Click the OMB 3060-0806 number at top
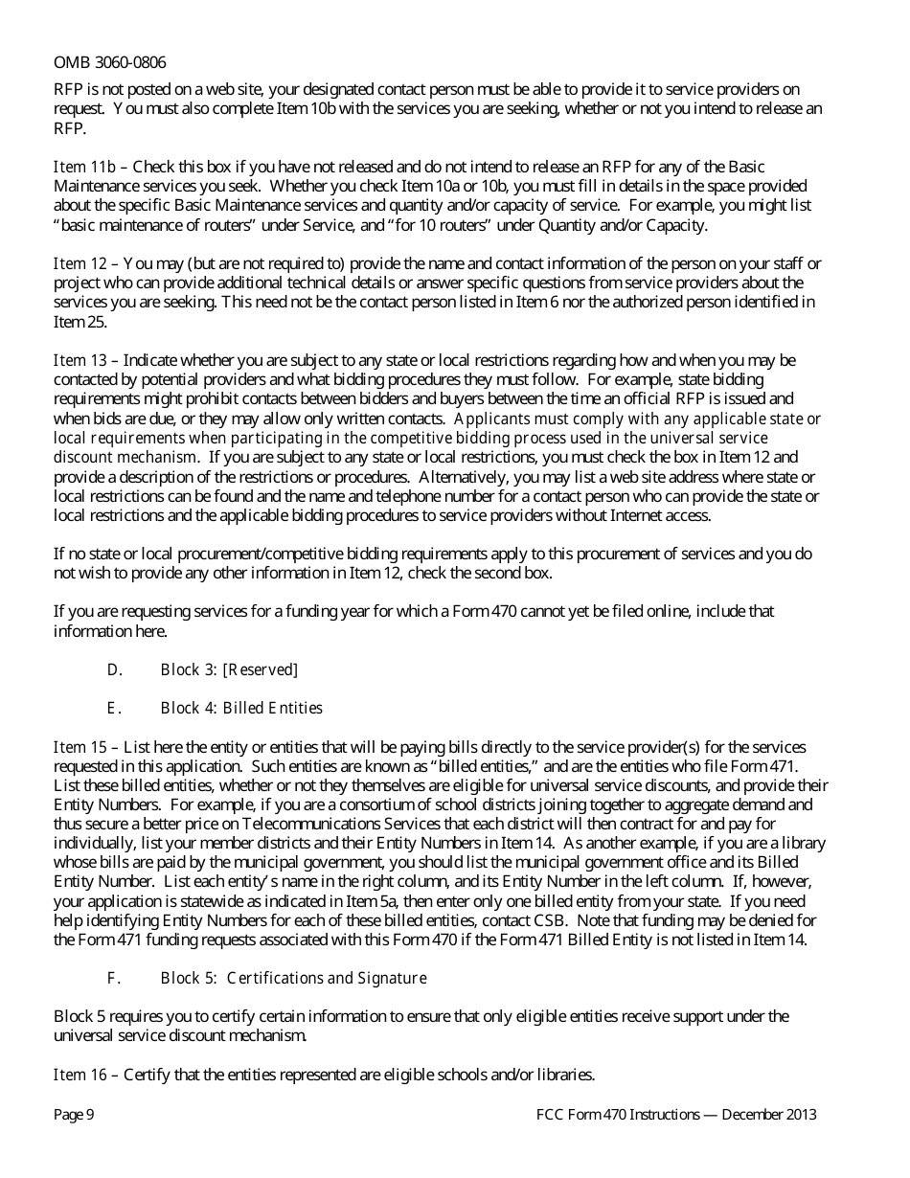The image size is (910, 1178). click(109, 62)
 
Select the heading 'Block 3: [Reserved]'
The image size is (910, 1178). click(229, 669)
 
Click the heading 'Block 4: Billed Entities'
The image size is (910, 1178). click(241, 708)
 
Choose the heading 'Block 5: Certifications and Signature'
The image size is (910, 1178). click(293, 978)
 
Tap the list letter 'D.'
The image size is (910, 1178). click(114, 669)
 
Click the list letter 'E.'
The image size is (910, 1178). click(114, 708)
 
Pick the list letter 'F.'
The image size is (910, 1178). click(114, 978)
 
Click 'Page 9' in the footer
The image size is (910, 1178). click(74, 1115)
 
